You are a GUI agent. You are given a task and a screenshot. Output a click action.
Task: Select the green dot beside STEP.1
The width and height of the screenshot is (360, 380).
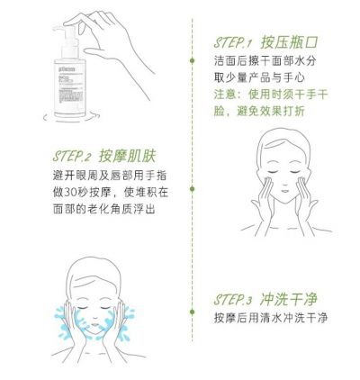[192, 60]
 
